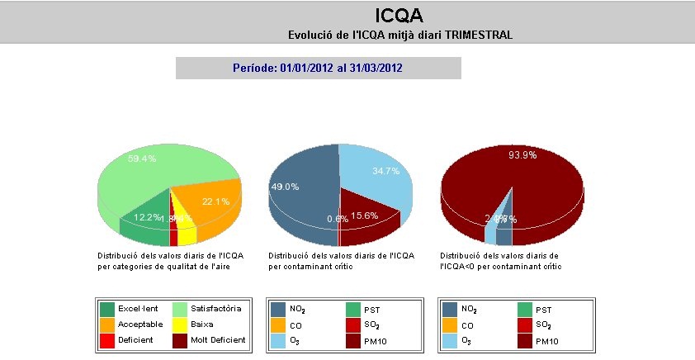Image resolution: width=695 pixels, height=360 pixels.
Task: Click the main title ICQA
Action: click(x=400, y=16)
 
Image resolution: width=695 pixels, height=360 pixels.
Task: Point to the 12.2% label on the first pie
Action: click(x=147, y=216)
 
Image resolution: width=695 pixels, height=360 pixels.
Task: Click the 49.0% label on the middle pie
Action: click(x=285, y=187)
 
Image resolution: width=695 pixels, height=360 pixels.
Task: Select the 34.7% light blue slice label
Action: click(x=363, y=170)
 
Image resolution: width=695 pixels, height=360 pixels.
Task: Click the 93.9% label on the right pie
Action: click(x=522, y=154)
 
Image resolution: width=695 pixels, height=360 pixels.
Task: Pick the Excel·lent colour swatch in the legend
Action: click(x=107, y=309)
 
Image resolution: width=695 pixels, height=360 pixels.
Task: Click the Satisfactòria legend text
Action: click(x=216, y=309)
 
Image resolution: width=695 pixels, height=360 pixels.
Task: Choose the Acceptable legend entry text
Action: click(x=140, y=324)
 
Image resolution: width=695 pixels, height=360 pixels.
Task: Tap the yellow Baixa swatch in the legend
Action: click(x=180, y=324)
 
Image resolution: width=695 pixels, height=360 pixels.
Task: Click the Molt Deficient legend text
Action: click(x=218, y=339)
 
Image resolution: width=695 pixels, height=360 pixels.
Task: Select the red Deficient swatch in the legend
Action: click(x=107, y=340)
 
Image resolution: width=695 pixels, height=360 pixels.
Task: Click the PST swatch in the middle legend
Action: click(x=353, y=310)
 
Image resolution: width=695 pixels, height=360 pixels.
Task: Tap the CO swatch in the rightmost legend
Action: click(x=450, y=325)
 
